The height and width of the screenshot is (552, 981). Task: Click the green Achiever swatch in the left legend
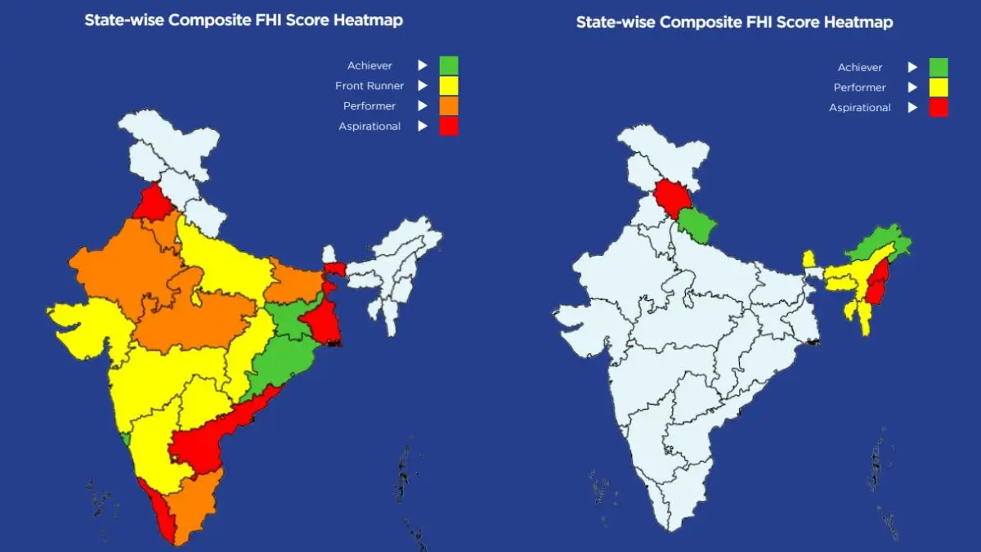(448, 65)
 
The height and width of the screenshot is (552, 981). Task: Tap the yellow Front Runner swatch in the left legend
(448, 85)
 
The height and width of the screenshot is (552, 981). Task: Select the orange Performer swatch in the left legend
(448, 105)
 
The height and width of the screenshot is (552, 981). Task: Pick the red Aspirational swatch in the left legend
(448, 126)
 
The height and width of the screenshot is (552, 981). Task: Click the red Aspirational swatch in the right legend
(938, 107)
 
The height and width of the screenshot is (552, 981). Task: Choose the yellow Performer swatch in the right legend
(938, 88)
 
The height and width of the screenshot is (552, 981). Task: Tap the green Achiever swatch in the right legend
(938, 67)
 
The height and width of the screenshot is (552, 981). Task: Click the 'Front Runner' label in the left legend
(370, 86)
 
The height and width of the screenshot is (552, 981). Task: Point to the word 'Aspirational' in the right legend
(860, 108)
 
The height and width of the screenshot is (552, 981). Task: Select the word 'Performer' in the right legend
(860, 88)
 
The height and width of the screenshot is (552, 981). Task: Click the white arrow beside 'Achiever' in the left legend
(423, 65)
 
